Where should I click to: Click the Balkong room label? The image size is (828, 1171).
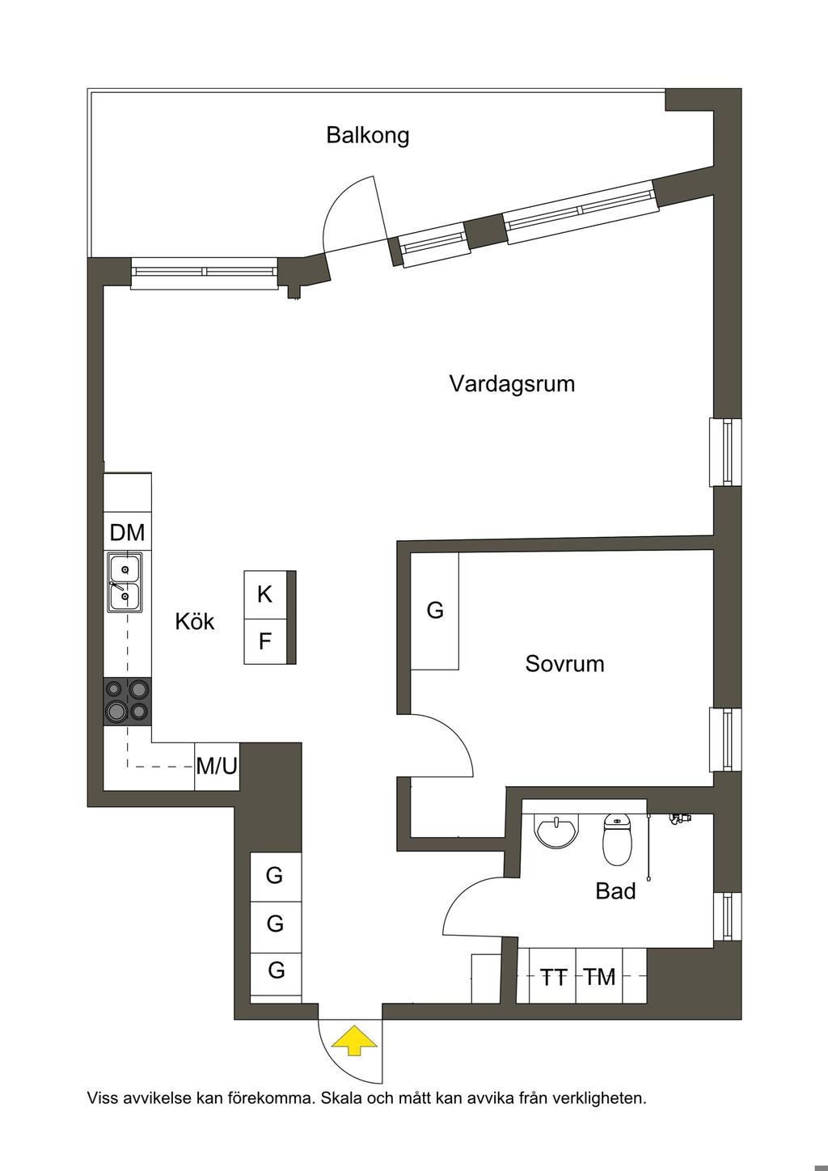[x=368, y=135]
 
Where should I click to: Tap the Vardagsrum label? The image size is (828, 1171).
[x=512, y=383]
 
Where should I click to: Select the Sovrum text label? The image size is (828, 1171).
[x=564, y=665]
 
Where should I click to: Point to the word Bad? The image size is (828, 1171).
[x=615, y=891]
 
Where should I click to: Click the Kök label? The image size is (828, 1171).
[x=195, y=622]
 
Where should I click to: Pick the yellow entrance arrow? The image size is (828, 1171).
[x=353, y=1041]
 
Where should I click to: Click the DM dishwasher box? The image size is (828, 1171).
[x=127, y=533]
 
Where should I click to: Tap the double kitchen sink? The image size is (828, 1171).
[x=125, y=581]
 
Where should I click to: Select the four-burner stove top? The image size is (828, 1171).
[x=128, y=700]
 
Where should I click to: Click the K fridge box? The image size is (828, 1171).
[x=265, y=595]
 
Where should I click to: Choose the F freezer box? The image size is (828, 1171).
[x=265, y=642]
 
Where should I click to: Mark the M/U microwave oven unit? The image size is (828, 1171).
[x=217, y=765]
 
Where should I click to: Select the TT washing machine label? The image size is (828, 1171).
[x=554, y=978]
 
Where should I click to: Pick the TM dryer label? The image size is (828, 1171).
[x=600, y=978]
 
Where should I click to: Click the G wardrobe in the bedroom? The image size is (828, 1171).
[x=435, y=611]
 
